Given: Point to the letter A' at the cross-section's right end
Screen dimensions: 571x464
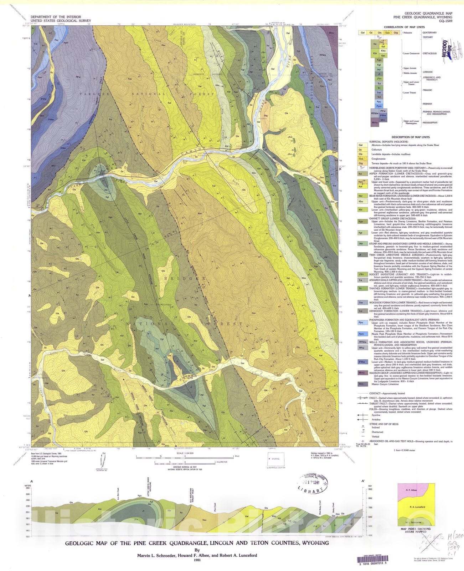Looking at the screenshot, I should click(x=363, y=481).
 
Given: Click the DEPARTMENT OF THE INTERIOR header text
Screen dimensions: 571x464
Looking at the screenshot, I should click(x=56, y=17).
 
